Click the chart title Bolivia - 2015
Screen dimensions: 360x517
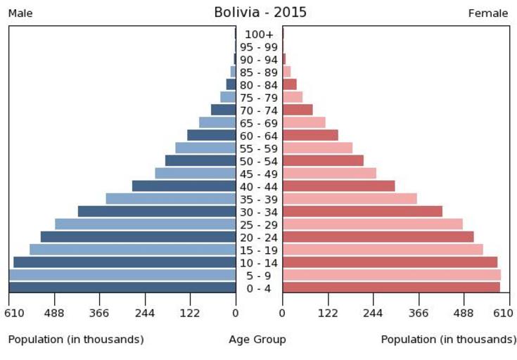click(x=260, y=13)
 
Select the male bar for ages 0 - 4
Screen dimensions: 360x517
click(x=122, y=288)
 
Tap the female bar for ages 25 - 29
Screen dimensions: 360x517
click(x=372, y=224)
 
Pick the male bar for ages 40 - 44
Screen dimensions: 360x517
click(x=184, y=186)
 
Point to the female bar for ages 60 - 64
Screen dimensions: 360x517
click(x=310, y=136)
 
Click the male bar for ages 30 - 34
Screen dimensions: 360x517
click(x=156, y=212)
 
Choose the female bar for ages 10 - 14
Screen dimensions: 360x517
click(x=390, y=262)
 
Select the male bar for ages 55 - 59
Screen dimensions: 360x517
click(x=205, y=148)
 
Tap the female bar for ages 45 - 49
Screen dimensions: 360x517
click(x=329, y=174)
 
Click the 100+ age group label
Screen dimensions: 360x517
click(x=259, y=34)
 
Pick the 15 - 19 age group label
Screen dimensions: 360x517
click(x=259, y=250)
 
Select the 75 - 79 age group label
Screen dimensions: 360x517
click(x=259, y=98)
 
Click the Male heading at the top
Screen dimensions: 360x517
click(x=20, y=13)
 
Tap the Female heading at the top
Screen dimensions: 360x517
click(x=487, y=13)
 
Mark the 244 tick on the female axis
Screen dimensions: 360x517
click(x=373, y=313)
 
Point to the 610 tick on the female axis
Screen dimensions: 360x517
click(x=504, y=313)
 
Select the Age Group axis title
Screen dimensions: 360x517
click(x=257, y=340)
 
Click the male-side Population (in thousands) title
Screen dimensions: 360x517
click(x=76, y=340)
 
